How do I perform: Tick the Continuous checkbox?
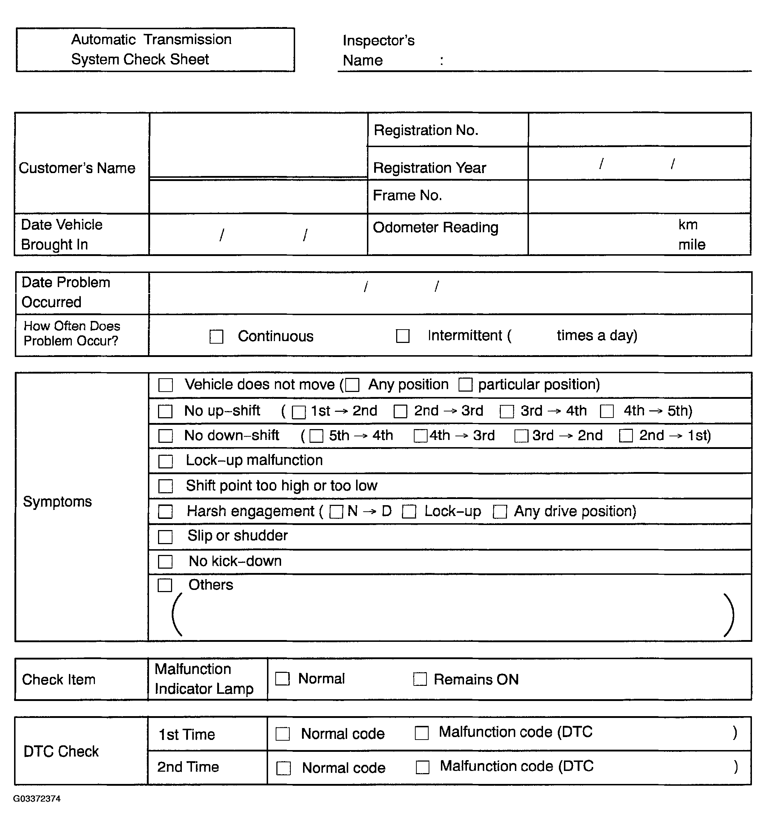216,336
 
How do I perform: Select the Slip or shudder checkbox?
165,537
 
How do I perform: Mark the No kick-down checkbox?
165,562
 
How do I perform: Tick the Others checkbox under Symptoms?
165,585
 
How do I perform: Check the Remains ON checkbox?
420,679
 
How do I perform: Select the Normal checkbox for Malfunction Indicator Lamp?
282,679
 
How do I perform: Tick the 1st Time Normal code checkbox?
283,734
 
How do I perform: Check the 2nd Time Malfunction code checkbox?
423,767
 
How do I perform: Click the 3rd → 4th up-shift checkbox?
507,411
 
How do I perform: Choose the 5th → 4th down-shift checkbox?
316,436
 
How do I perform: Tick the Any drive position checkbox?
499,512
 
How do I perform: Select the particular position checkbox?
465,385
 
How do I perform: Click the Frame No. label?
407,195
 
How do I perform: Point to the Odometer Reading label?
435,228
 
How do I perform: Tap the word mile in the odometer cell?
691,244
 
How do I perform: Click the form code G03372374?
37,798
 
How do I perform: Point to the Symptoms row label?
57,501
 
